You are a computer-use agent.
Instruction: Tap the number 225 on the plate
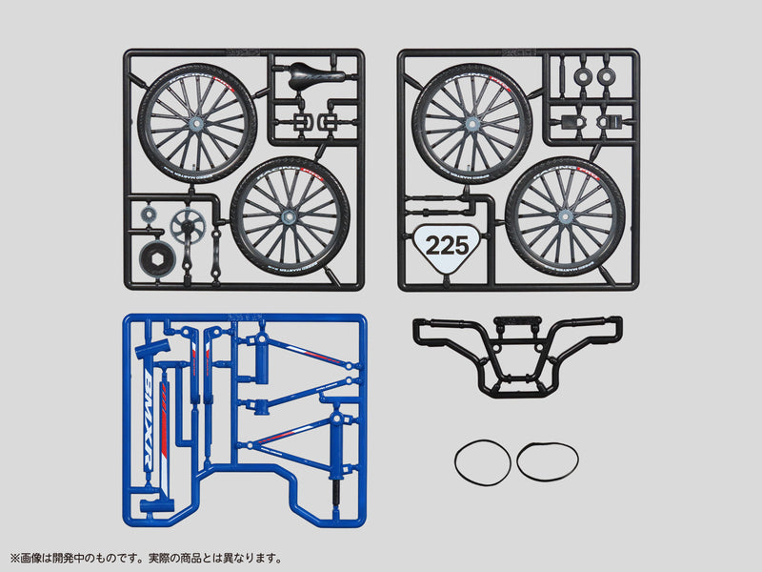[447, 245]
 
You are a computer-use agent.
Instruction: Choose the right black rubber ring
[547, 461]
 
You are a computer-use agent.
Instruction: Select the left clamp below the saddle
[303, 122]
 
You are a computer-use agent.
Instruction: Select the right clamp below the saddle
[330, 122]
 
